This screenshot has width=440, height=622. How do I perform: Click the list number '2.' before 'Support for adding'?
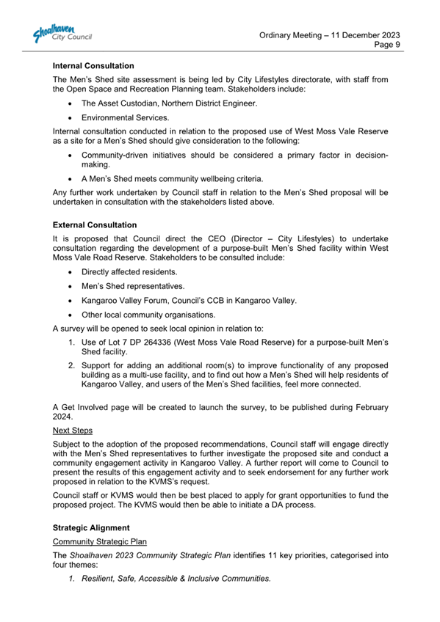[x=72, y=365]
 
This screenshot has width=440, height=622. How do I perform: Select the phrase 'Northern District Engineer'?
[x=208, y=103]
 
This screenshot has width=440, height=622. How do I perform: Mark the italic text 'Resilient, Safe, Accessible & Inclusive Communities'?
[x=176, y=579]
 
